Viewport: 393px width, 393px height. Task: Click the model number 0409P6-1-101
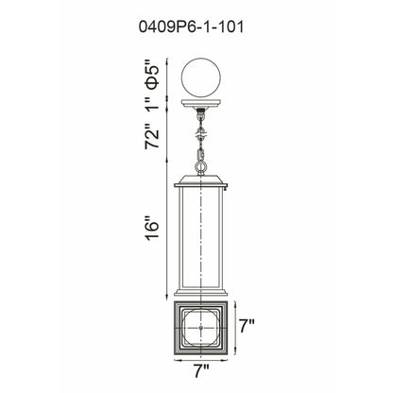[x=191, y=27]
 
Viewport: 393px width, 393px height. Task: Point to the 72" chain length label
[x=153, y=138]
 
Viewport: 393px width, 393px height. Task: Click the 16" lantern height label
[x=153, y=228]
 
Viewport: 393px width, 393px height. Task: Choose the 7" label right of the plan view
[x=247, y=326]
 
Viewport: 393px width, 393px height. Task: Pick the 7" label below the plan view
[x=201, y=371]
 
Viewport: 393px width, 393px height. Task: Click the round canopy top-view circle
[x=201, y=78]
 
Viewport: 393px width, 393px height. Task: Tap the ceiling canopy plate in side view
[x=201, y=104]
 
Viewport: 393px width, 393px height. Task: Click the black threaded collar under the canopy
[x=201, y=111]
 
